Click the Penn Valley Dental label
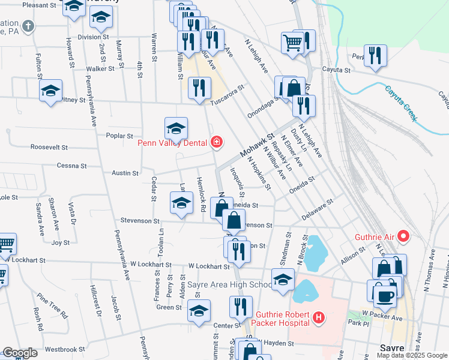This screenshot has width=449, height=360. (172, 143)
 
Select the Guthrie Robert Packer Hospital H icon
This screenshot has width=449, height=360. (319, 316)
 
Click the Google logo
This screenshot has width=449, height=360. (19, 353)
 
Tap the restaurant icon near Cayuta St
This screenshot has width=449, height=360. (375, 55)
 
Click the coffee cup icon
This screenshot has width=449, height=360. (385, 295)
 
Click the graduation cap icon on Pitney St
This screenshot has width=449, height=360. (51, 91)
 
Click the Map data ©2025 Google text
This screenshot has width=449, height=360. (412, 355)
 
